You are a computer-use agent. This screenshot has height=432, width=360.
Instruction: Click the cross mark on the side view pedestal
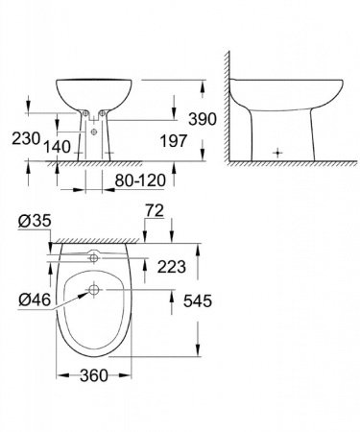pos(278,152)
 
